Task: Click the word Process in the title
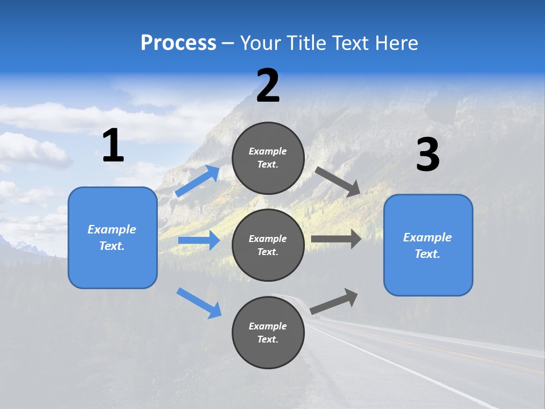coord(178,43)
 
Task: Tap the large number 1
coord(112,146)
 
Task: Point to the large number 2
coord(268,86)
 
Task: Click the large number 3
coord(427,155)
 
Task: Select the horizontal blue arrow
coord(199,240)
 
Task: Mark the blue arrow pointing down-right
coord(199,303)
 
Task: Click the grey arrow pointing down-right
coord(338,182)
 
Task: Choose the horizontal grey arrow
coord(336,239)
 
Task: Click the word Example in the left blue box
coord(112,229)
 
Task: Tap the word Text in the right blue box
coord(427,254)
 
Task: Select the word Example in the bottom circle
coord(268,326)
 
